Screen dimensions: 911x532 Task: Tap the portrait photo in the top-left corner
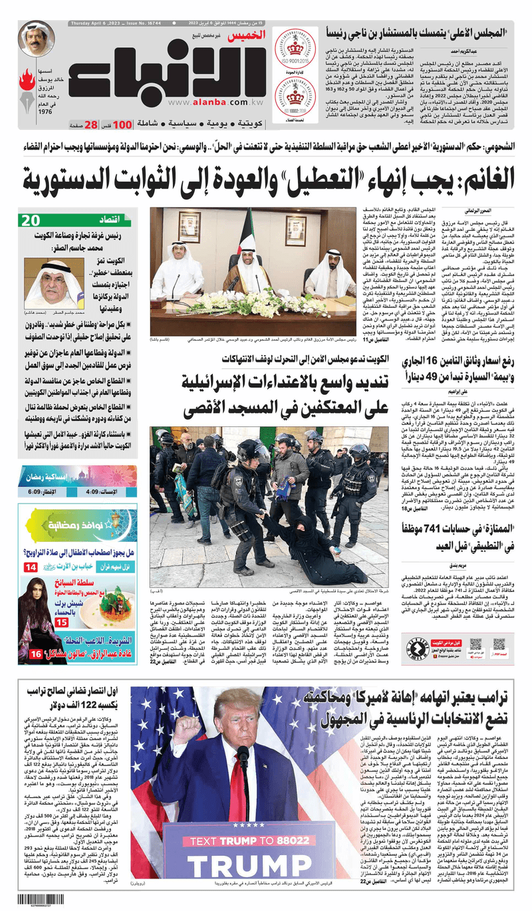click(36, 39)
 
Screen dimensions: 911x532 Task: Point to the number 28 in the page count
click(92, 124)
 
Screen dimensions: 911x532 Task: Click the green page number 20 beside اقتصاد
click(31, 221)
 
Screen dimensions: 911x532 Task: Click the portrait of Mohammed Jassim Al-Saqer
click(54, 284)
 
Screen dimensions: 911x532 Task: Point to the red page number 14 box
click(31, 567)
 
